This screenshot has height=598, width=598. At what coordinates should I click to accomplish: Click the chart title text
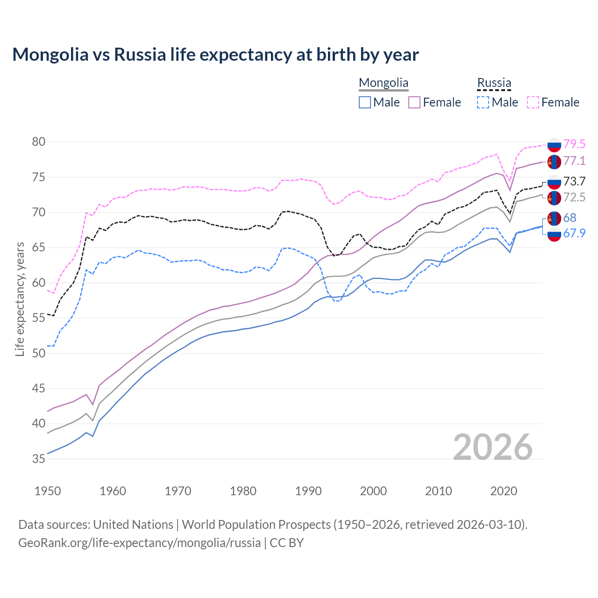click(x=215, y=55)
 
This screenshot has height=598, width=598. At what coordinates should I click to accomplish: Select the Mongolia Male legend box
click(x=365, y=102)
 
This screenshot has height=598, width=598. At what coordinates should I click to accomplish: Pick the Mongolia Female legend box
click(x=414, y=102)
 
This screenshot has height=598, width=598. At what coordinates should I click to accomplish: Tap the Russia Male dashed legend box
click(x=483, y=102)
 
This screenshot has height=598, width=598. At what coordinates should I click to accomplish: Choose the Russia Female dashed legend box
click(x=533, y=102)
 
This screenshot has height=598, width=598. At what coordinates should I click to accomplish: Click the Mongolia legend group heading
click(x=384, y=83)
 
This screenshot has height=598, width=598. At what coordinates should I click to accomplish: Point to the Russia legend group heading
click(x=494, y=83)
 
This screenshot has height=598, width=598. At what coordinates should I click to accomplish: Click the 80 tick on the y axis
click(x=39, y=142)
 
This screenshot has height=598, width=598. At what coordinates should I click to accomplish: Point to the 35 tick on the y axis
click(x=39, y=459)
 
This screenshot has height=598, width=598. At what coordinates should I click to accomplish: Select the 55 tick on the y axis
click(x=39, y=318)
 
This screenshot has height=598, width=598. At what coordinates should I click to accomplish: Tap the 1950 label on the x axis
click(x=48, y=491)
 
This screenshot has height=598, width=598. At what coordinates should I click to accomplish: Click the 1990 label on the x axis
click(x=308, y=491)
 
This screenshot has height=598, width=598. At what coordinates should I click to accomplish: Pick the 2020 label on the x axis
click(x=504, y=491)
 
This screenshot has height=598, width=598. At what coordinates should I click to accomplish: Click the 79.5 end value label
click(x=574, y=144)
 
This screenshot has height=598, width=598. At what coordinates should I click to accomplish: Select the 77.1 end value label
click(x=574, y=161)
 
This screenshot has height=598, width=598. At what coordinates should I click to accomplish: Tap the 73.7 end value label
click(x=574, y=182)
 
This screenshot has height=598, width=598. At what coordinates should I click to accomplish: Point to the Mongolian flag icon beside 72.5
click(x=554, y=198)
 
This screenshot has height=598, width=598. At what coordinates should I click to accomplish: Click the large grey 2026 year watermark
click(x=493, y=447)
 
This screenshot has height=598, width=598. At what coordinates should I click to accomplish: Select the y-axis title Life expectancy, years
click(x=20, y=299)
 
